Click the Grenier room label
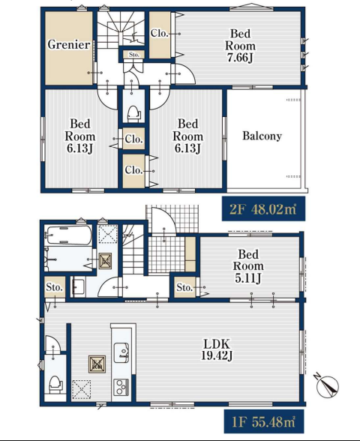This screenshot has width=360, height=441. (69, 44)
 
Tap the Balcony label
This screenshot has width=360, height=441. (262, 136)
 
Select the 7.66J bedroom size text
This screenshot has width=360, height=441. (240, 58)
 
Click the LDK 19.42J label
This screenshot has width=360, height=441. (217, 349)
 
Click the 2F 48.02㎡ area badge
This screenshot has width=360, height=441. (263, 208)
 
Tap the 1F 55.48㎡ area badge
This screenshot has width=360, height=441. (264, 421)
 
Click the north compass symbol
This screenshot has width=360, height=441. (327, 385)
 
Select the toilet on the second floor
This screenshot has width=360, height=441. (133, 114)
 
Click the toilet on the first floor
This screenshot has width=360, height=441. (55, 385)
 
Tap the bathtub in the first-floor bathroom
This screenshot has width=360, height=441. (69, 235)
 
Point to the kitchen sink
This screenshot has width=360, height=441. (121, 352)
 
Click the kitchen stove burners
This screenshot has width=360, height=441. (121, 387)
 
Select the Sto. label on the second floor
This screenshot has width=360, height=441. (134, 55)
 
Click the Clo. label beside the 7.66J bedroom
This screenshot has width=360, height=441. (159, 33)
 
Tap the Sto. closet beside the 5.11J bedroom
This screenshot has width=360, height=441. (184, 287)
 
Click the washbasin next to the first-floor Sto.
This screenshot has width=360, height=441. (79, 286)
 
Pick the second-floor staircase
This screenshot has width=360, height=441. (121, 29)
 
